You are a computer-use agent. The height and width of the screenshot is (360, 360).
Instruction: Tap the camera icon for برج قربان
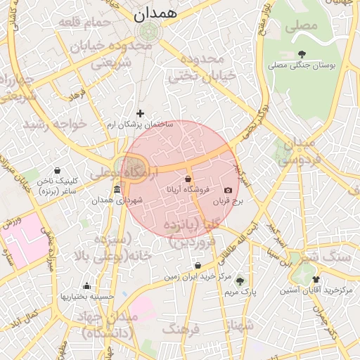point(228,190)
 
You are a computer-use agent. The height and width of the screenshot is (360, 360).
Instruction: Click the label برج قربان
point(229,200)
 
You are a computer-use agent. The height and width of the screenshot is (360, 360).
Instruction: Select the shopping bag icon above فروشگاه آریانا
point(188,179)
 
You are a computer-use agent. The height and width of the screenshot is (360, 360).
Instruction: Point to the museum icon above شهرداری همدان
point(117,190)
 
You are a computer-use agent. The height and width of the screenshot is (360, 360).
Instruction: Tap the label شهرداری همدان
point(117,200)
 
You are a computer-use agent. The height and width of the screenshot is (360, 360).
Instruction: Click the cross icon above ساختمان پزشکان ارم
point(140,113)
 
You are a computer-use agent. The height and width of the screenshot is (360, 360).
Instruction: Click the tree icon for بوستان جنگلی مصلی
point(302,54)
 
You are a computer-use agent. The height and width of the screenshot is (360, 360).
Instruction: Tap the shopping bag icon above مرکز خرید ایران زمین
point(198,266)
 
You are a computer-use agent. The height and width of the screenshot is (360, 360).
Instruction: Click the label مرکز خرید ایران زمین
point(198,276)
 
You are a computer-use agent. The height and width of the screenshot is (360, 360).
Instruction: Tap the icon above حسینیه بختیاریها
point(87,286)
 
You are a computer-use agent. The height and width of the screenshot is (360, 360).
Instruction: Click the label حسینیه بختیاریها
point(87,297)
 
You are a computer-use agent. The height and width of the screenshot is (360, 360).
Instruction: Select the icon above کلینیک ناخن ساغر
point(57,170)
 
